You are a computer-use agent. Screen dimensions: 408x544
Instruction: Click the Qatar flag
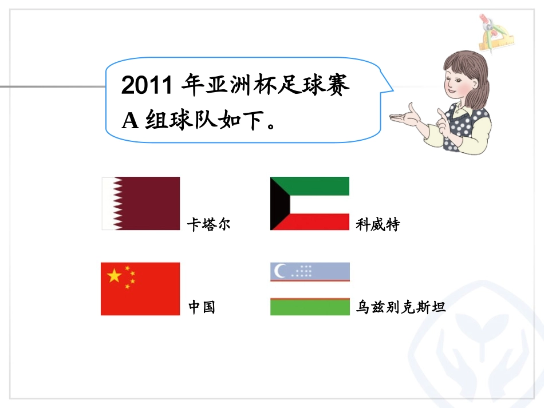pos(141,203)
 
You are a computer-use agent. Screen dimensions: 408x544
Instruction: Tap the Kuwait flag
pos(310,203)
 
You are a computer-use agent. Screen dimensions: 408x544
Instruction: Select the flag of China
pos(140,288)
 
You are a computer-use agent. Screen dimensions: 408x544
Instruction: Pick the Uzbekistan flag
pos(310,289)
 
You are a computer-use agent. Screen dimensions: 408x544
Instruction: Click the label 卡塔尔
pos(209,224)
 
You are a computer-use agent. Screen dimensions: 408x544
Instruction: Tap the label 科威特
pos(378,224)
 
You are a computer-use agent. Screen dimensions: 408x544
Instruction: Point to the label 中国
pos(202,307)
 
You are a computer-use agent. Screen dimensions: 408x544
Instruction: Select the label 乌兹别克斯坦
pos(401,307)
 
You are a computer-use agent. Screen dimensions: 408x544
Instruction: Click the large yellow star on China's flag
pos(115,276)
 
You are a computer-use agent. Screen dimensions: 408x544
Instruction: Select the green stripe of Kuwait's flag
pos(321,185)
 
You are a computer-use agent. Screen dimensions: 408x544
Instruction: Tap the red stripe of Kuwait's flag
pos(321,221)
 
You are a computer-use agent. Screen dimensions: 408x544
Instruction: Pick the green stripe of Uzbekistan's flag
pos(310,308)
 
